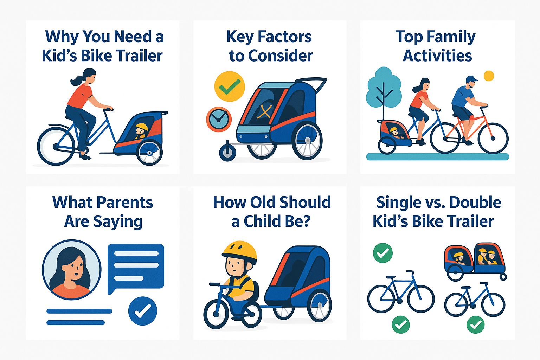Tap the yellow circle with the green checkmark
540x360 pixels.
click(230, 86)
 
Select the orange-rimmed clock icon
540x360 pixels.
click(219, 119)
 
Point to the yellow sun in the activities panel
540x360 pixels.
click(489, 76)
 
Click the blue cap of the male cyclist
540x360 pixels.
click(471, 79)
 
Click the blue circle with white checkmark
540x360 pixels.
click(143, 311)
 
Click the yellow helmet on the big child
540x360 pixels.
click(239, 252)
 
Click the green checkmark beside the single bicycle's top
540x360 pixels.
click(382, 253)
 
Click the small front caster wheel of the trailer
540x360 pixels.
click(227, 152)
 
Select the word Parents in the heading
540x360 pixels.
click(125, 202)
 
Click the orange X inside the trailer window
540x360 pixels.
click(264, 112)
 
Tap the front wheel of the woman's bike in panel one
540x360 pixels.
click(56, 146)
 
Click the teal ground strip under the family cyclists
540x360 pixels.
click(438, 156)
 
